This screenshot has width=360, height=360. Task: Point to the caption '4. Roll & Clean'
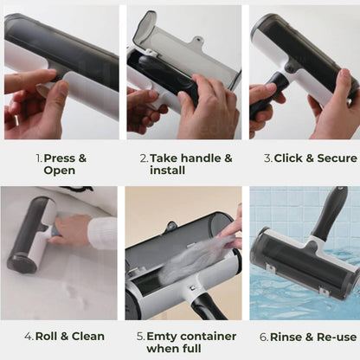click(64, 336)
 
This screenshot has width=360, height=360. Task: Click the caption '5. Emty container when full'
click(185, 342)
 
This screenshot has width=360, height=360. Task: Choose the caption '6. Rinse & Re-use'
click(307, 337)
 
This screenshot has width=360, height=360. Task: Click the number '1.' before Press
click(39, 158)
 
